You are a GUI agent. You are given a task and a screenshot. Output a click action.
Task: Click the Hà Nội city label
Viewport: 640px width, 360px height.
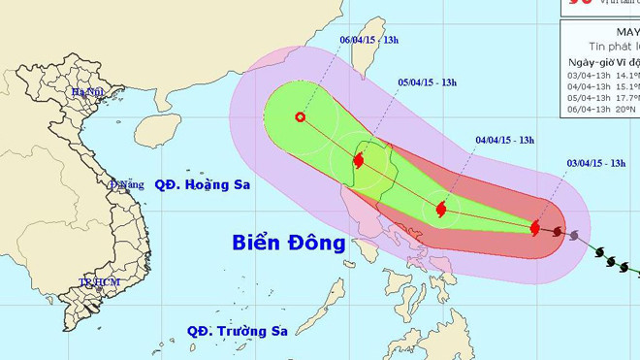85,92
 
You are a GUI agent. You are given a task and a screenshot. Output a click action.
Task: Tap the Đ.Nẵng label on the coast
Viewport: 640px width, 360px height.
126,183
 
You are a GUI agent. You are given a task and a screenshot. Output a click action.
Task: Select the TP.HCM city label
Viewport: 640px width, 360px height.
97,281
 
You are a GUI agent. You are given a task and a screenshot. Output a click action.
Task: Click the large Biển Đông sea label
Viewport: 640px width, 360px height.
289,243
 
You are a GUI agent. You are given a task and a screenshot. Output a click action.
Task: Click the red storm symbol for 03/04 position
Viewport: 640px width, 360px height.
536,228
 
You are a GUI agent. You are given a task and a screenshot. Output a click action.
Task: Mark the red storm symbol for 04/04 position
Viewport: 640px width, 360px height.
441,209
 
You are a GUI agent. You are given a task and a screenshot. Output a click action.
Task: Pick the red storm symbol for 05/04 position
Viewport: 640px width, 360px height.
359,159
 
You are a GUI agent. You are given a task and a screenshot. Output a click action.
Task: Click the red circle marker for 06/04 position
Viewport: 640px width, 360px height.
300,117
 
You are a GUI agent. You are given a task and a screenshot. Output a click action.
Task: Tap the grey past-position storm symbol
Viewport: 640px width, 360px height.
575,235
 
